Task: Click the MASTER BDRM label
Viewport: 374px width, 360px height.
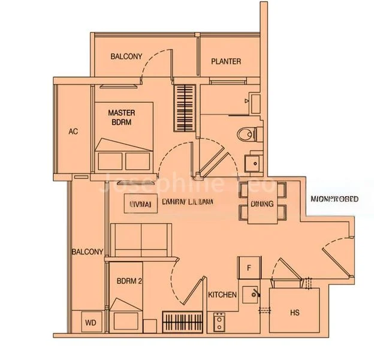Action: (x=121, y=117)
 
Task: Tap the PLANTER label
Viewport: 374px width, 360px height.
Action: (x=226, y=61)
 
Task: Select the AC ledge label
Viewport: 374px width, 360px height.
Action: (x=73, y=131)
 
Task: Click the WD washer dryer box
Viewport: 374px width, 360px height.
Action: (x=91, y=323)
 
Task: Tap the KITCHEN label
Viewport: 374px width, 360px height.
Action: (x=222, y=295)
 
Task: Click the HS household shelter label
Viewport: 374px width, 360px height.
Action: (x=294, y=313)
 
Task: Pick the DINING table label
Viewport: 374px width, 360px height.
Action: (x=262, y=204)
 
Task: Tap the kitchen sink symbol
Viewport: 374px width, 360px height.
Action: (x=257, y=293)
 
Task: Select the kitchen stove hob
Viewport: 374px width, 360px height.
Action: (x=220, y=323)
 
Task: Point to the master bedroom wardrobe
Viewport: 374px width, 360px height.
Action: (x=185, y=108)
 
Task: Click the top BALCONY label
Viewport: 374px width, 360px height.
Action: (x=126, y=57)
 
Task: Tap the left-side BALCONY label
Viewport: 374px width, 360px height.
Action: (x=88, y=252)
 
